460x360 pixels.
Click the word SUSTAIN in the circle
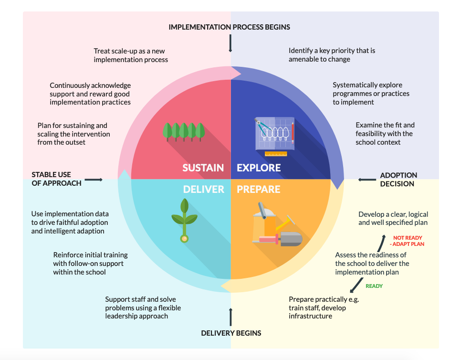(203, 168)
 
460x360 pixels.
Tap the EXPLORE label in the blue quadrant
(259, 168)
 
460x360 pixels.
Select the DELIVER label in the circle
(203, 190)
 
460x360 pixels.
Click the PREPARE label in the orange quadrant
(259, 190)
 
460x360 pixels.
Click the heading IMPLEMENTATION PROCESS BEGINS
(229, 27)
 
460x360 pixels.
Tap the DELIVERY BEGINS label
(231, 333)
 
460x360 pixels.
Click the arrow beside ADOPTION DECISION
(367, 180)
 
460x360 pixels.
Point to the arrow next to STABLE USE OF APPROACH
(94, 180)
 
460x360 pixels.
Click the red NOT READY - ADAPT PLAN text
(408, 241)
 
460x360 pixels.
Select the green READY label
(374, 286)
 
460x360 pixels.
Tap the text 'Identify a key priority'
(332, 51)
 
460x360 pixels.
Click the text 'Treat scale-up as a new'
(129, 51)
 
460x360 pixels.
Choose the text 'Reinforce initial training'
(90, 255)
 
